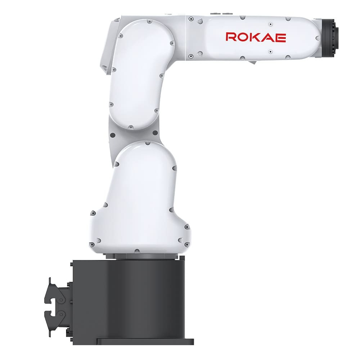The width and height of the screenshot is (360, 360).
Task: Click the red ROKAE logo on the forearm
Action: (x=256, y=37)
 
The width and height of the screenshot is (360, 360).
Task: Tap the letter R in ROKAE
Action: (x=231, y=37)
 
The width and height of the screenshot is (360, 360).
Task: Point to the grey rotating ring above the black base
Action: (x=145, y=256)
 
